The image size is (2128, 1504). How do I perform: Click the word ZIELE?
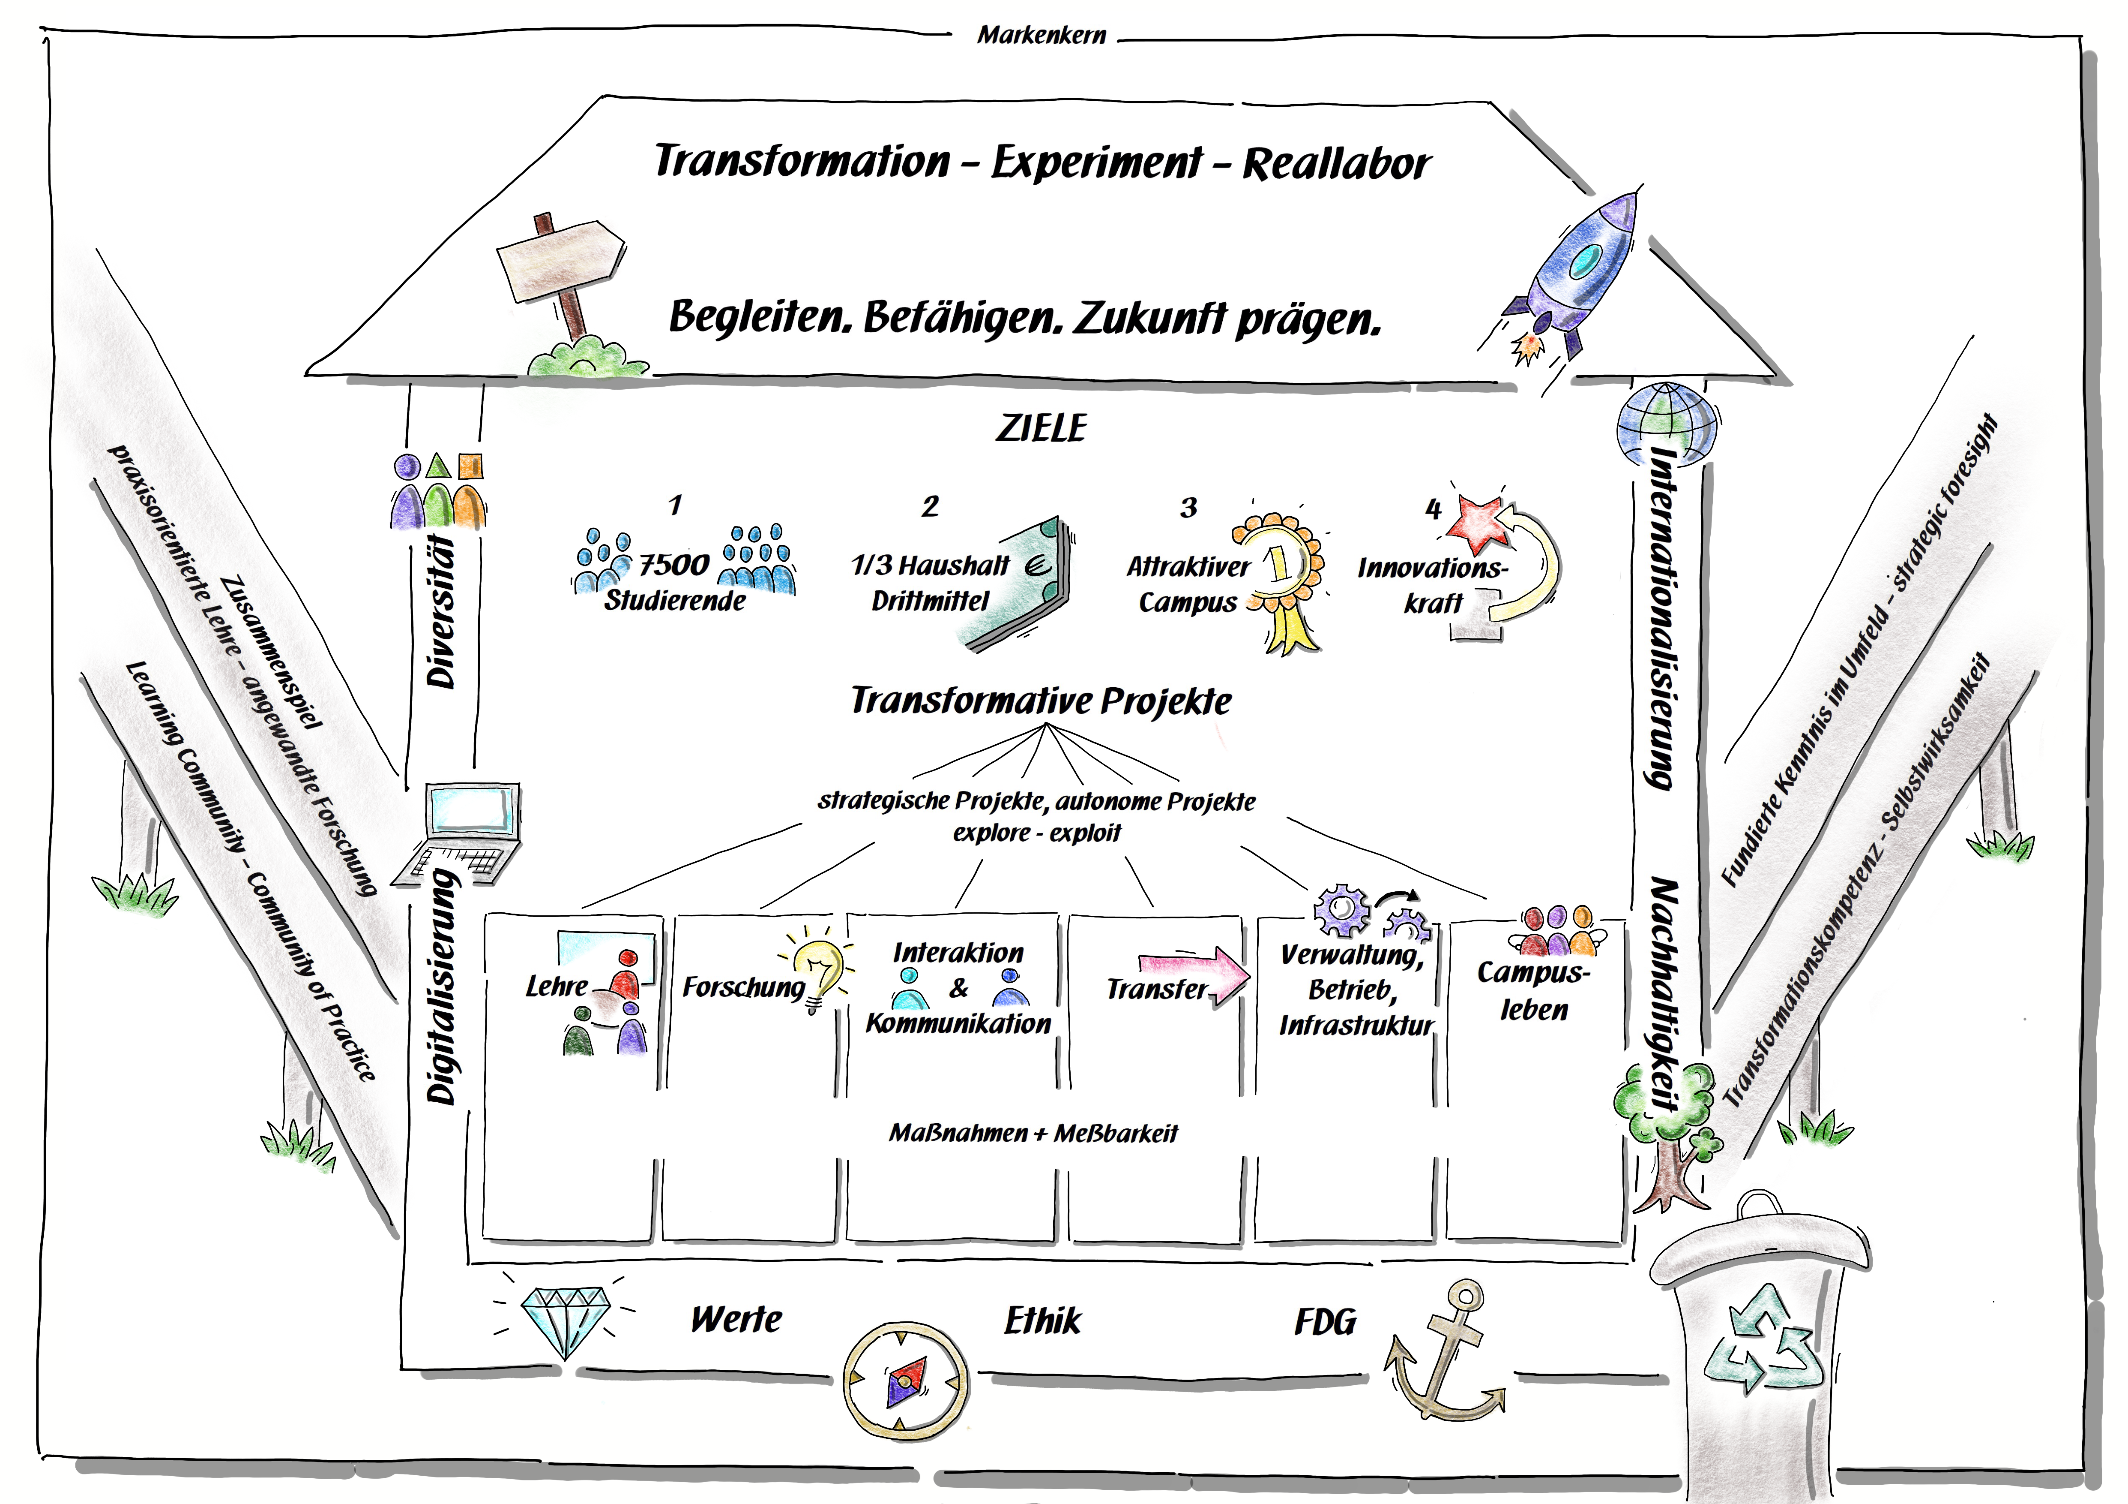click(1041, 428)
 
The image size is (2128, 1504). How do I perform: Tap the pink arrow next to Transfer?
click(1196, 974)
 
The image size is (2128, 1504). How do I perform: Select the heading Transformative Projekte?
click(1041, 701)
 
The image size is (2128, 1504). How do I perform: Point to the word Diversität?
click(442, 612)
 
